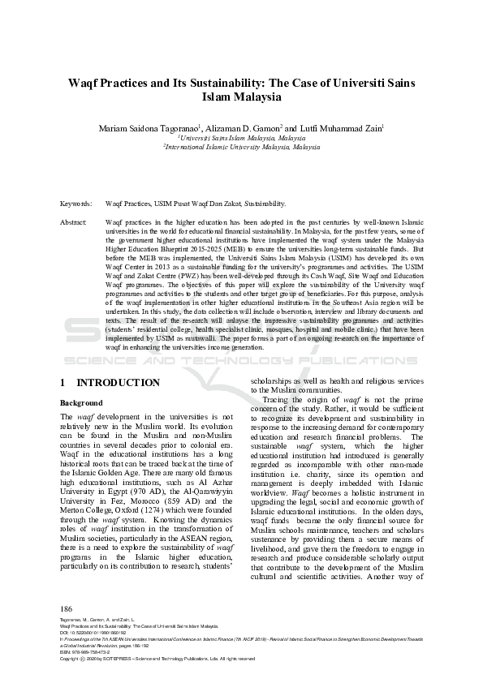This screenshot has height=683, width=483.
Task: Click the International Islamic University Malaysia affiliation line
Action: [241, 148]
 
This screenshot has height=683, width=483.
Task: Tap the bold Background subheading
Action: [81, 403]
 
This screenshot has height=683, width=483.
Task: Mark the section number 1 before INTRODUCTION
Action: [63, 382]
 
